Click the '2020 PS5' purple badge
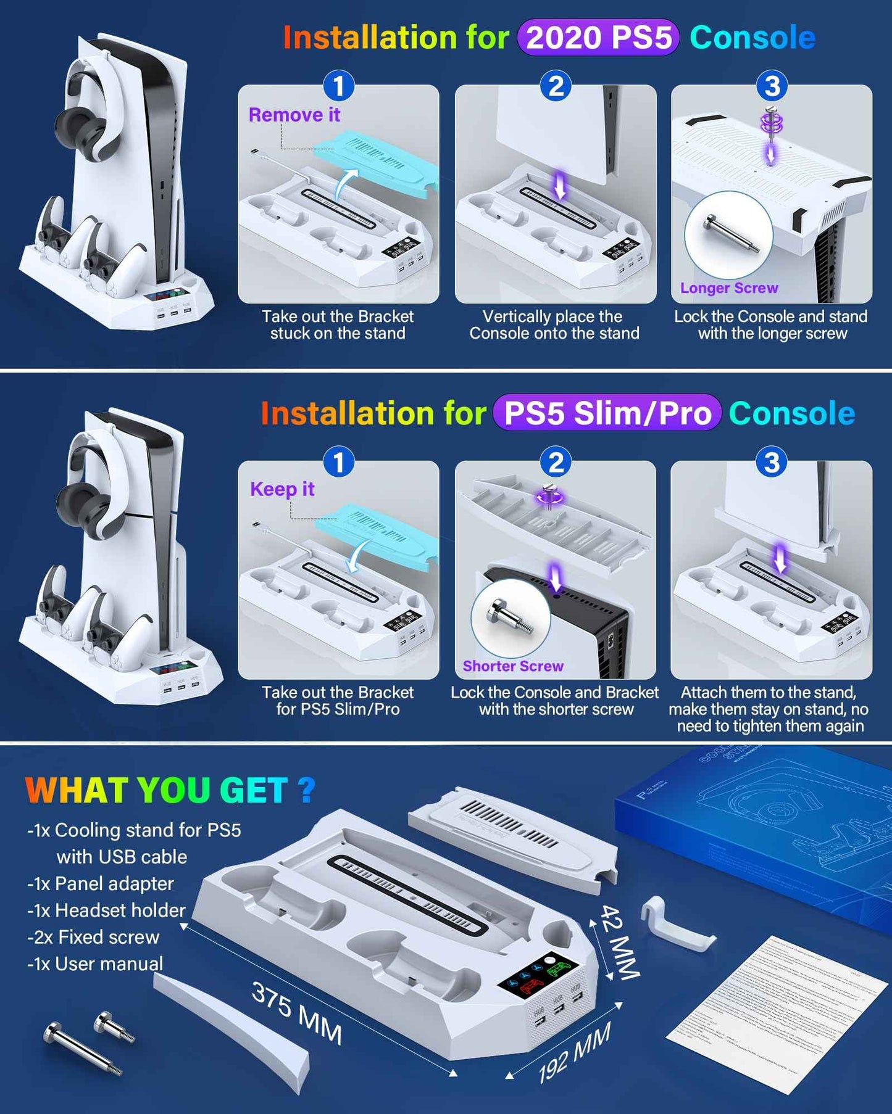(598, 38)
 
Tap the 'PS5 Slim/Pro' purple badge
(607, 413)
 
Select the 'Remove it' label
(294, 115)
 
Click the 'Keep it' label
(282, 489)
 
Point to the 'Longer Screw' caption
(729, 288)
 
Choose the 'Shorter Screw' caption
(513, 666)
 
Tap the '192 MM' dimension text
(574, 1052)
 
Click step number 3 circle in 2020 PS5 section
(772, 86)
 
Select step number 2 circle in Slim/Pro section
(556, 463)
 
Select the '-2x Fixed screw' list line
(93, 937)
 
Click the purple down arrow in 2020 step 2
(560, 185)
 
